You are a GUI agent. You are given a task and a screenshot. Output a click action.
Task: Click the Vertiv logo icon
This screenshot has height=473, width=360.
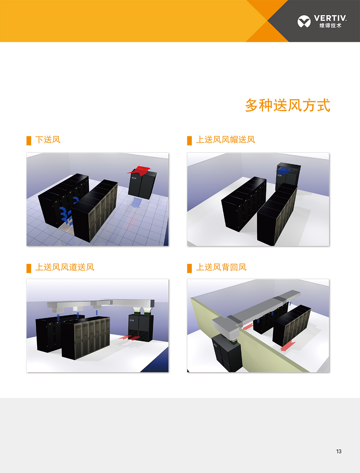[304, 21]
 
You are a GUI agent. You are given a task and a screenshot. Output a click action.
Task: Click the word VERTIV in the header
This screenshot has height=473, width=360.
[330, 18]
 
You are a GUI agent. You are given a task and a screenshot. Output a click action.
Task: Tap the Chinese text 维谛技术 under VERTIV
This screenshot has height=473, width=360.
[330, 25]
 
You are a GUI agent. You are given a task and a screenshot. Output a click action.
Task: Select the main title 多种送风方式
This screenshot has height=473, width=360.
[287, 106]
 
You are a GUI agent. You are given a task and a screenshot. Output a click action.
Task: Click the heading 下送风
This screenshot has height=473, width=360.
[48, 140]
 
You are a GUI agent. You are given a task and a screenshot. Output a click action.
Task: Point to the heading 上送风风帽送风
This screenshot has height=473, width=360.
[225, 140]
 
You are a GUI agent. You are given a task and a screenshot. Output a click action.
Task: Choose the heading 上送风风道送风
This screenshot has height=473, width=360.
[65, 267]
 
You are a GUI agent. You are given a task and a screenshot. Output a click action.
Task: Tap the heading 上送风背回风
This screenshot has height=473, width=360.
[221, 267]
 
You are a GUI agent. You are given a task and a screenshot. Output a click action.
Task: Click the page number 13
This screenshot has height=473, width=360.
[339, 451]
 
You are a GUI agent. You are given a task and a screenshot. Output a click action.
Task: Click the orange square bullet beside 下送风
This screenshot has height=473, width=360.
[29, 140]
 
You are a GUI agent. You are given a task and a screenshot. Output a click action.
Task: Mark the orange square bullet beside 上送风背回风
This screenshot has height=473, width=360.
[189, 268]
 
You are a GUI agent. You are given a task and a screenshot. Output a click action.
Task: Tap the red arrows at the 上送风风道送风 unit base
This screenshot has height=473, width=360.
[131, 338]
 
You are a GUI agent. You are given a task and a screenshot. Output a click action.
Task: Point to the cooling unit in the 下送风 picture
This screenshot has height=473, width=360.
[143, 185]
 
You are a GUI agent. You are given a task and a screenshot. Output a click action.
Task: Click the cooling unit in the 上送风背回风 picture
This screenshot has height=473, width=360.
[226, 352]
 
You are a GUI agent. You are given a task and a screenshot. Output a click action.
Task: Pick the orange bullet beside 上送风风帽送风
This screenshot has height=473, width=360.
[189, 140]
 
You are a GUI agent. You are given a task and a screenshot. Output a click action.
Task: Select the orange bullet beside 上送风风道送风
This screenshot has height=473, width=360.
[29, 268]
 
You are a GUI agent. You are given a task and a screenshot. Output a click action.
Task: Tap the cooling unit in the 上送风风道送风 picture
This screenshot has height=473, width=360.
[141, 328]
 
